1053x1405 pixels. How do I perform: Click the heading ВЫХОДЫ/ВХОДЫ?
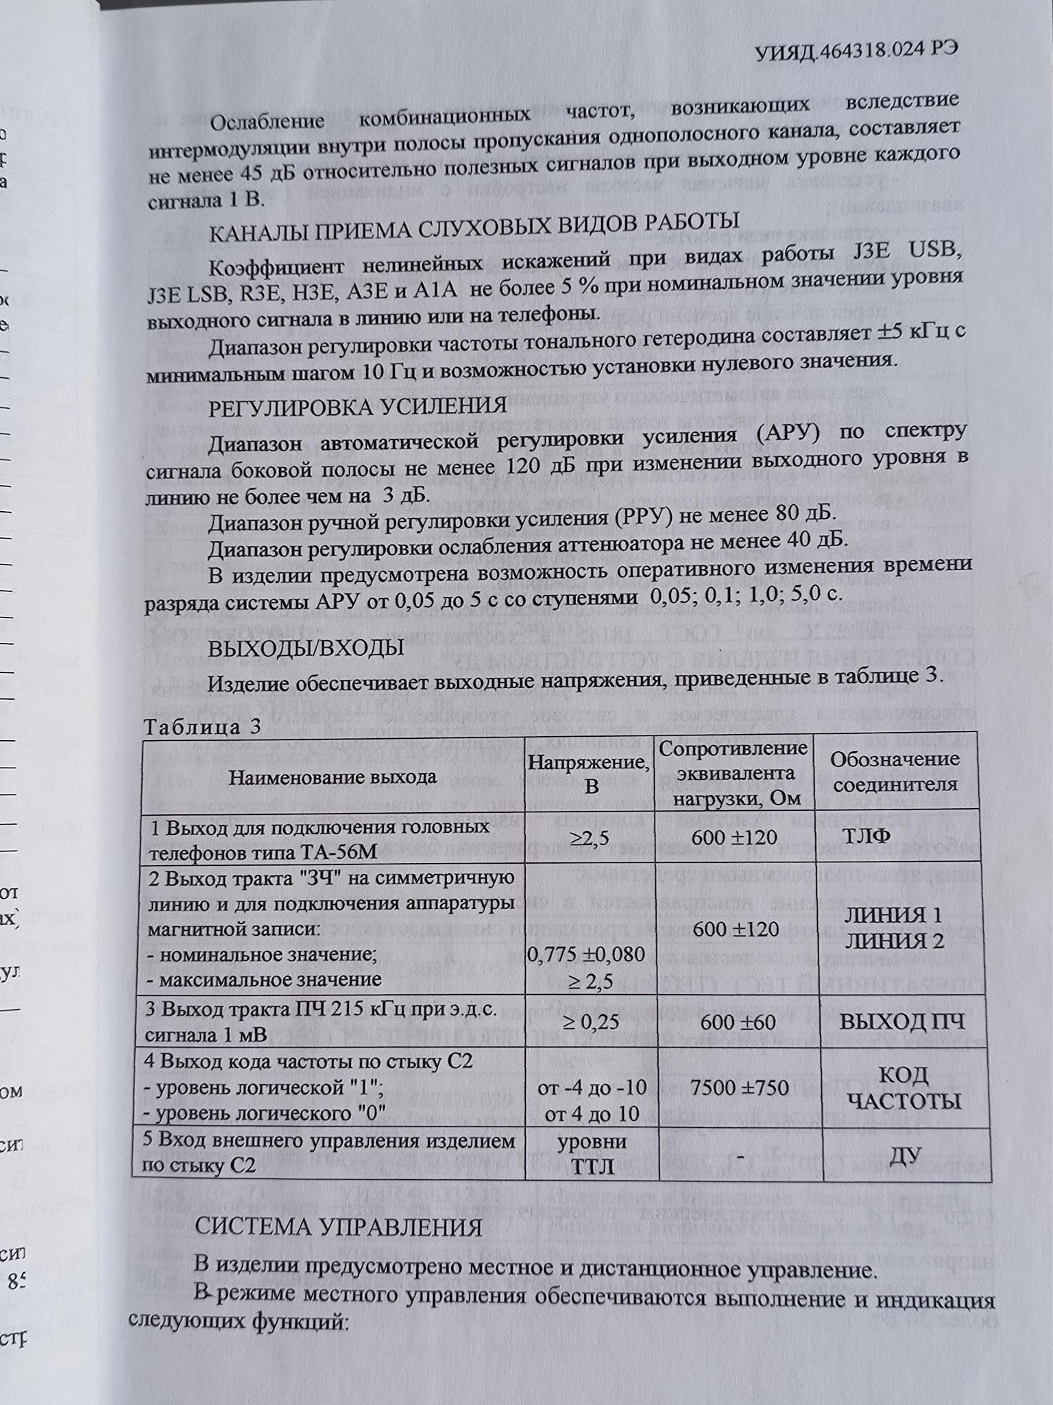pyautogui.click(x=306, y=648)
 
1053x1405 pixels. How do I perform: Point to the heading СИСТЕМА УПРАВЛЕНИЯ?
pyautogui.click(x=339, y=1226)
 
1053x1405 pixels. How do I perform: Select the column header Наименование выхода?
pyautogui.click(x=332, y=777)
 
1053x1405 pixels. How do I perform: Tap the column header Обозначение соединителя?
pyautogui.click(x=895, y=771)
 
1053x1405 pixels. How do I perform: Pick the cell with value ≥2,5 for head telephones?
pyautogui.click(x=590, y=838)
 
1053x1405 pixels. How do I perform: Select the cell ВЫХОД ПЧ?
pyautogui.click(x=902, y=1022)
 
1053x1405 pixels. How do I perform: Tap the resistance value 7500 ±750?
pyautogui.click(x=735, y=1087)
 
